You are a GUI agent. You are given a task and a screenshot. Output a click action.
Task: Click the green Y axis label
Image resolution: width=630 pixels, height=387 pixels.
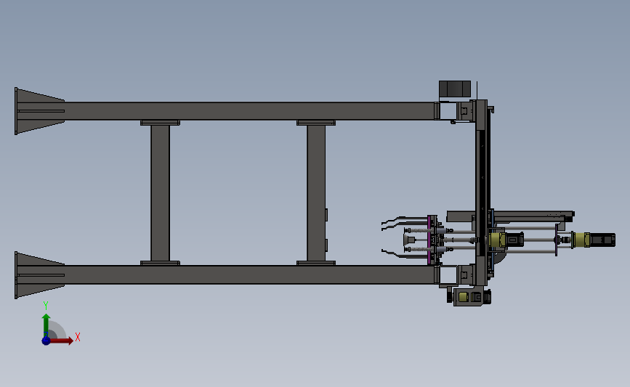click(x=46, y=306)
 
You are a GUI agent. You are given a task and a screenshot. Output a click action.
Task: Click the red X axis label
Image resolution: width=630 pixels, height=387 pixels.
click(x=77, y=337)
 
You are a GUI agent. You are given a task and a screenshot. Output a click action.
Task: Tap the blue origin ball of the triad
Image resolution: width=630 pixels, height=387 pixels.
click(x=46, y=340)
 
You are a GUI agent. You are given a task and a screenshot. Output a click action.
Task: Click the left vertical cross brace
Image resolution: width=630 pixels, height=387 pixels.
click(x=160, y=193)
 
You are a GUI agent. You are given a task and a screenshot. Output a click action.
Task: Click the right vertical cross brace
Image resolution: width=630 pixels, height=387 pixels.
click(x=315, y=193)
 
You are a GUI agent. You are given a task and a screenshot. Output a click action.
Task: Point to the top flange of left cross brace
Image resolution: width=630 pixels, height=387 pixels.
click(x=160, y=123)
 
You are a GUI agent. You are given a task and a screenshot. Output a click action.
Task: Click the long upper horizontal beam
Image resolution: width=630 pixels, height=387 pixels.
click(x=247, y=110)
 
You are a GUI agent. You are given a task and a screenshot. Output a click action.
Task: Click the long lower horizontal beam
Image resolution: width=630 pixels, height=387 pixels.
click(x=247, y=274)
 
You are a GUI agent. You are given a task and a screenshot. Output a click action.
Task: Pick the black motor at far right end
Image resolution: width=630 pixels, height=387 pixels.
click(x=602, y=239)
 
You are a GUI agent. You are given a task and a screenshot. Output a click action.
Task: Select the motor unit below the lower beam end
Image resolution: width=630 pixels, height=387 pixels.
click(x=468, y=297)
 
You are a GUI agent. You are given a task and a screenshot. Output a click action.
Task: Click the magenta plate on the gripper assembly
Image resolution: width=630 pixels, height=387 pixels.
click(x=432, y=240)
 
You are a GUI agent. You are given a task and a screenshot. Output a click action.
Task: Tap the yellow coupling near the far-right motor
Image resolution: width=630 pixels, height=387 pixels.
click(x=583, y=239)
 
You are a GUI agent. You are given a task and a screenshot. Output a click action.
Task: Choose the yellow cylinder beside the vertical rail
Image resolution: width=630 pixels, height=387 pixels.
click(x=497, y=240)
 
